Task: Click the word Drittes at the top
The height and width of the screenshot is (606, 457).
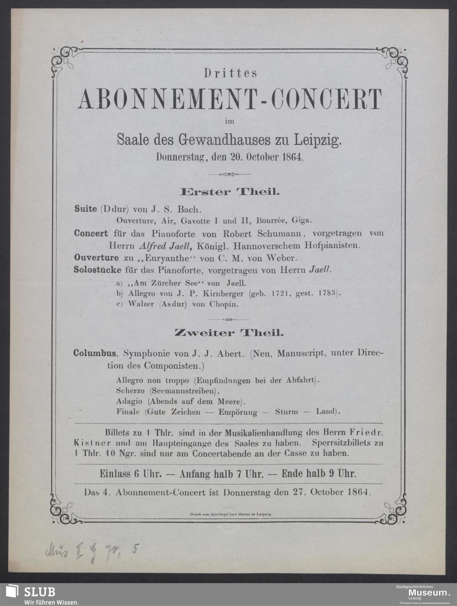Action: (230, 72)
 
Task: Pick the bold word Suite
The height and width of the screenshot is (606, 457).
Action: (85, 209)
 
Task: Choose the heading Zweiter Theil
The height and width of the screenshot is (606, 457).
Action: (229, 333)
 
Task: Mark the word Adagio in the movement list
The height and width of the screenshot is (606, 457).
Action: (130, 402)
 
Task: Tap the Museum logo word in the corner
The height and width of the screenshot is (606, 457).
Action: (428, 592)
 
